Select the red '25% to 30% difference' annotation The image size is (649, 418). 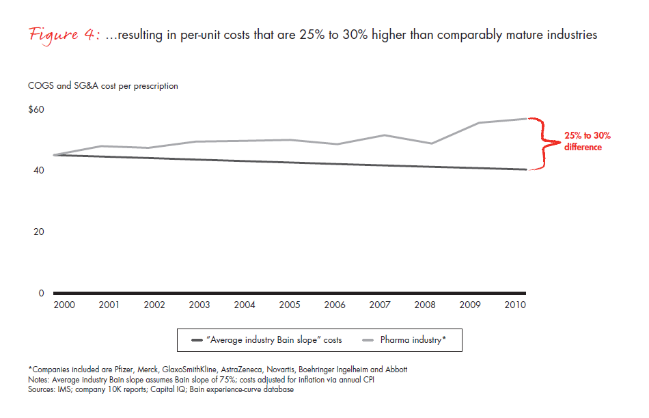coord(582,141)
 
